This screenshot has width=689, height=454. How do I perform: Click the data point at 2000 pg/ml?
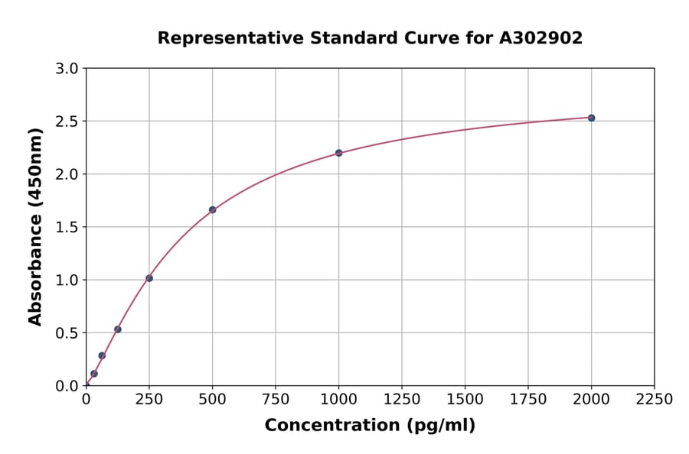pyautogui.click(x=591, y=118)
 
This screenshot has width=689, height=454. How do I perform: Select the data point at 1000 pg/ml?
pyautogui.click(x=338, y=153)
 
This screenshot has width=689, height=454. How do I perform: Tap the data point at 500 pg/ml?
pyautogui.click(x=212, y=209)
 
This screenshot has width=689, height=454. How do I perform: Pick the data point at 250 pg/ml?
pyautogui.click(x=149, y=278)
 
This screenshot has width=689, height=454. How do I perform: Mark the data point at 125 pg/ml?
pyautogui.click(x=118, y=329)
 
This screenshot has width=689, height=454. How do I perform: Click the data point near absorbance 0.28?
pyautogui.click(x=102, y=355)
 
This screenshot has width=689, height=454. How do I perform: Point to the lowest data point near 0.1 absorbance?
pyautogui.click(x=94, y=374)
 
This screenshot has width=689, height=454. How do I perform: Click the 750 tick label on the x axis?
pyautogui.click(x=276, y=400)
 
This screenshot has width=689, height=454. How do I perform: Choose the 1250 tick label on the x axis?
pyautogui.click(x=402, y=400)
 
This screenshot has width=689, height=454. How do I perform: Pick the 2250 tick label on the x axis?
pyautogui.click(x=654, y=400)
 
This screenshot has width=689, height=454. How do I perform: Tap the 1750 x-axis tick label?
pyautogui.click(x=528, y=400)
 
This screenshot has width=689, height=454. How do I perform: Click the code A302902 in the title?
pyautogui.click(x=540, y=38)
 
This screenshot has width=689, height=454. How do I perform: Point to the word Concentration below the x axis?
pyautogui.click(x=331, y=426)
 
